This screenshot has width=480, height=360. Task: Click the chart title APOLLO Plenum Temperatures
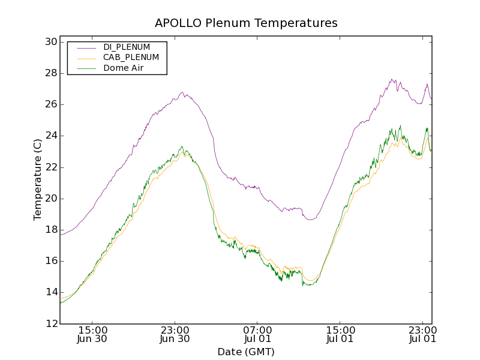pyautogui.click(x=246, y=23)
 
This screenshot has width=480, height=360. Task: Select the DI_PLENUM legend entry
pyautogui.click(x=127, y=47)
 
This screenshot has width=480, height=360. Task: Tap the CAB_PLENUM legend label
pyautogui.click(x=131, y=58)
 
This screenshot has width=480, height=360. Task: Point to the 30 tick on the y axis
pyautogui.click(x=50, y=42)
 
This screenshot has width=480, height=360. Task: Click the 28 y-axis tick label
pyautogui.click(x=50, y=73)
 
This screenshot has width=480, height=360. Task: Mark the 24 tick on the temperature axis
pyautogui.click(x=50, y=136)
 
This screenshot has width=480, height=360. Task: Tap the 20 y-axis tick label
pyautogui.click(x=50, y=199)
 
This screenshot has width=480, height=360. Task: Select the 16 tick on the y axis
pyautogui.click(x=50, y=261)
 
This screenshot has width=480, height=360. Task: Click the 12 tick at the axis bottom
pyautogui.click(x=50, y=324)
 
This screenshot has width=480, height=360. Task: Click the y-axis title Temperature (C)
pyautogui.click(x=38, y=180)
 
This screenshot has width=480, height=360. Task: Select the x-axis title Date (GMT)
pyautogui.click(x=246, y=352)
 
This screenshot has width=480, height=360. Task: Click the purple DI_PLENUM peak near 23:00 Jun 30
pyautogui.click(x=182, y=92)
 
